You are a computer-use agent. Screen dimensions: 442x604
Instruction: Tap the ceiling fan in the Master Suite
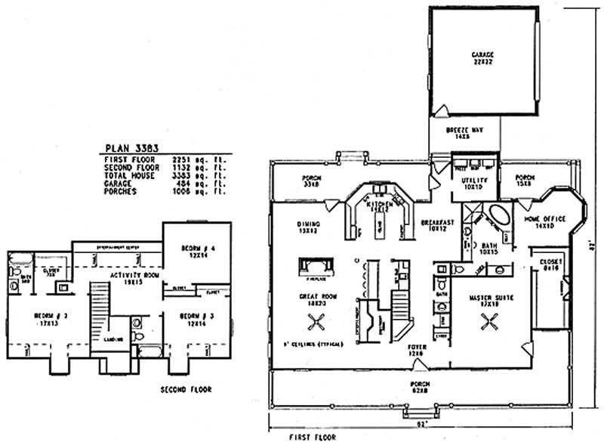point(487,324)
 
